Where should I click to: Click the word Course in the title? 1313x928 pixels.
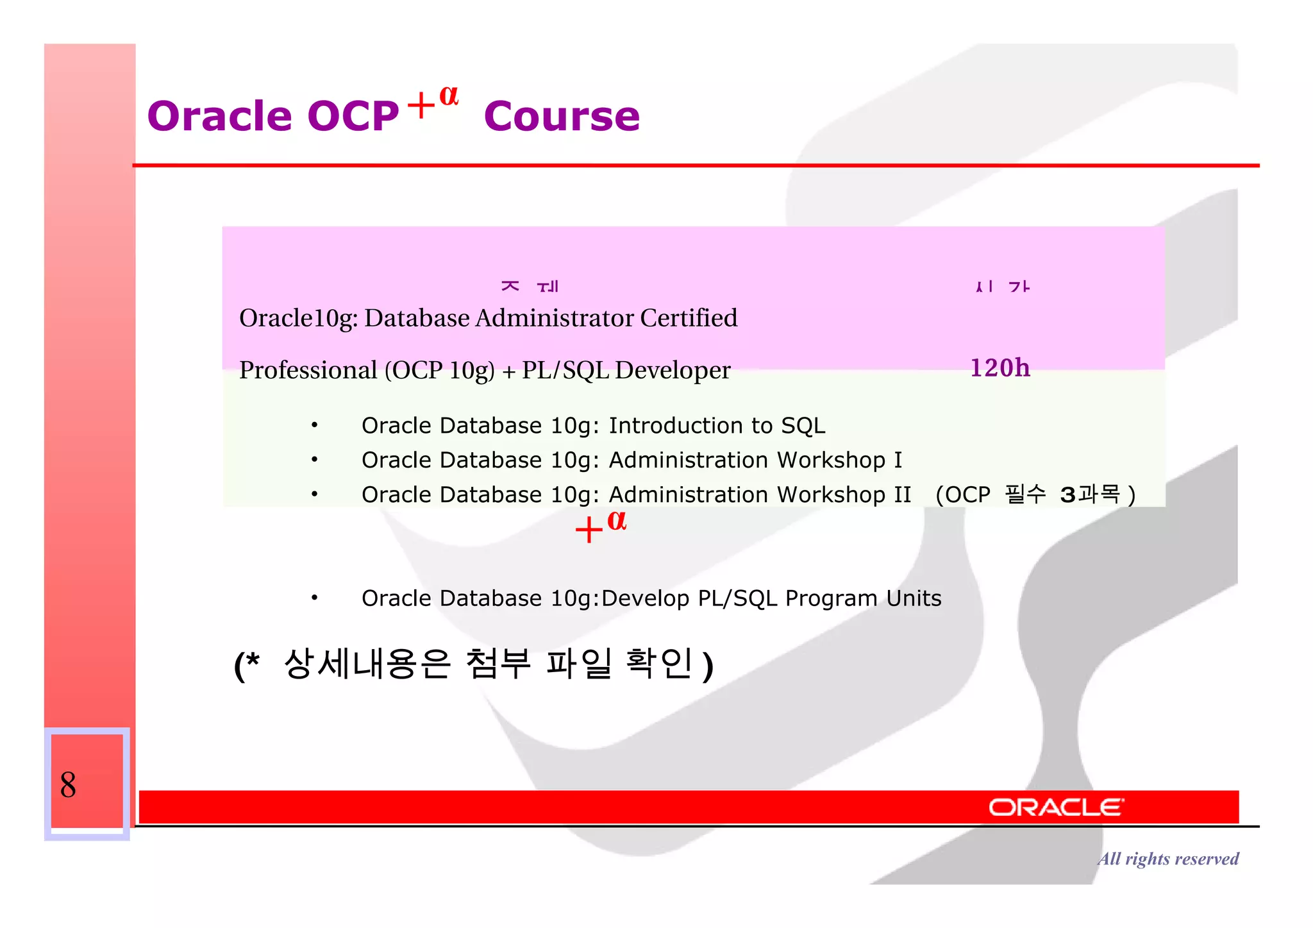[x=562, y=117]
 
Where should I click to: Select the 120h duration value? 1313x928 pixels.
[x=999, y=368]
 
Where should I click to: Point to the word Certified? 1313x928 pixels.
[x=689, y=318]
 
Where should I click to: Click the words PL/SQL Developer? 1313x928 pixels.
[x=626, y=371]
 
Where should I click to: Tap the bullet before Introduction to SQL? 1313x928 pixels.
[x=314, y=426]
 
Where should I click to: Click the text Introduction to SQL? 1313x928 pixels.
[x=716, y=426]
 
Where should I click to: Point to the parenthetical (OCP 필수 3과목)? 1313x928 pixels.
[x=1035, y=495]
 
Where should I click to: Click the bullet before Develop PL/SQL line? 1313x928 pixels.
[x=314, y=598]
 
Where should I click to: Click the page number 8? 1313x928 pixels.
[x=68, y=785]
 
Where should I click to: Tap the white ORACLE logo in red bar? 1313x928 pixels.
[x=1055, y=807]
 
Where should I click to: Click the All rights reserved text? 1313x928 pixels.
[x=1167, y=859]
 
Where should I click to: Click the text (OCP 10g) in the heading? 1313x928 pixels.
[x=439, y=371]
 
